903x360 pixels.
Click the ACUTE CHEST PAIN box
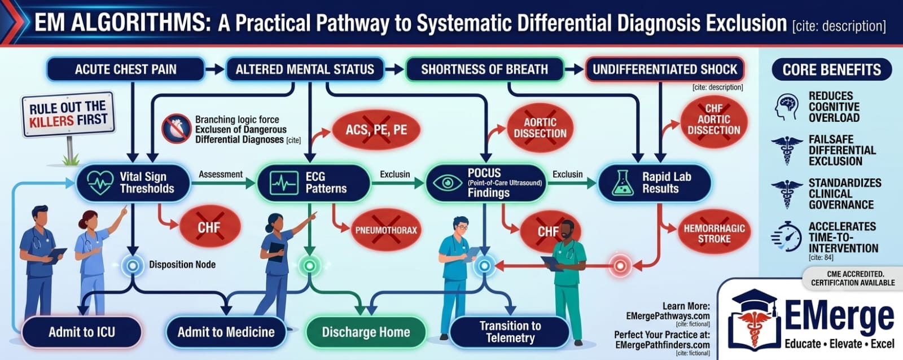(125, 69)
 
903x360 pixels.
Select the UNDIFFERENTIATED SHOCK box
(664, 69)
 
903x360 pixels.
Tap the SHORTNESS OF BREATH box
(485, 69)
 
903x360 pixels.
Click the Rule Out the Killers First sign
(68, 114)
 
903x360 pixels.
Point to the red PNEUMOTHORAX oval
(386, 230)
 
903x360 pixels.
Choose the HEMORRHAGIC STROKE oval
(714, 234)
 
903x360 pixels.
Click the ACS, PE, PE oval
(376, 130)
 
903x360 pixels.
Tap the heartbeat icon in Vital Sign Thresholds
(100, 183)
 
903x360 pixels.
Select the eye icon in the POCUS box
(447, 183)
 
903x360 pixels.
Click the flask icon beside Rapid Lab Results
(623, 183)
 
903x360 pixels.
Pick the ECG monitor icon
(284, 183)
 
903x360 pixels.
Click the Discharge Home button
(366, 332)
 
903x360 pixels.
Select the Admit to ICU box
(82, 332)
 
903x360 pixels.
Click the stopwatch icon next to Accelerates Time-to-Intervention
(786, 236)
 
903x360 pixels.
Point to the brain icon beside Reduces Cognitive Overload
(787, 107)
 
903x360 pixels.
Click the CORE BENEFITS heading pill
(832, 69)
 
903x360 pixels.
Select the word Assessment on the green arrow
(221, 174)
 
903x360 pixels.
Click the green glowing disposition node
(310, 266)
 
